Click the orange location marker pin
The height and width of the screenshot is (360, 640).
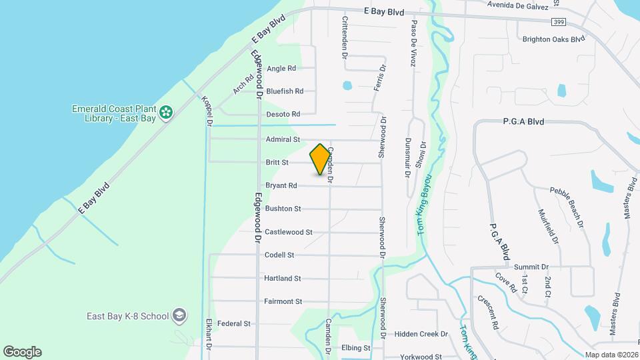click(x=320, y=159)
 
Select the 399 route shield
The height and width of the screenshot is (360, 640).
click(x=559, y=22)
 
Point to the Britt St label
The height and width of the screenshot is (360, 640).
click(x=277, y=163)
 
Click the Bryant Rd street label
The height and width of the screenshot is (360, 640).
click(x=281, y=186)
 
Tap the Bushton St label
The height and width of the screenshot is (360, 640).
click(x=283, y=209)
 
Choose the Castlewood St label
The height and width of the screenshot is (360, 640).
click(x=288, y=232)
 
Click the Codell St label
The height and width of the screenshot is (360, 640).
click(x=279, y=255)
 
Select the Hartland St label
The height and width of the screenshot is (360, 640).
click(x=283, y=279)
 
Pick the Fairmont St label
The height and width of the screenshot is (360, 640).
click(x=283, y=301)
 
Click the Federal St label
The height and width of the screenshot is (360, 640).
click(x=233, y=324)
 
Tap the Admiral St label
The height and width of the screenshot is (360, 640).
click(x=283, y=139)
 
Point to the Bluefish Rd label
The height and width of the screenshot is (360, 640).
click(x=285, y=91)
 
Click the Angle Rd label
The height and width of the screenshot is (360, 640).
click(x=281, y=69)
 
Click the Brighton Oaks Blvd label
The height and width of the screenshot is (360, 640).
click(x=553, y=39)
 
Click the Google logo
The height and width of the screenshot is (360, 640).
click(x=22, y=352)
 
